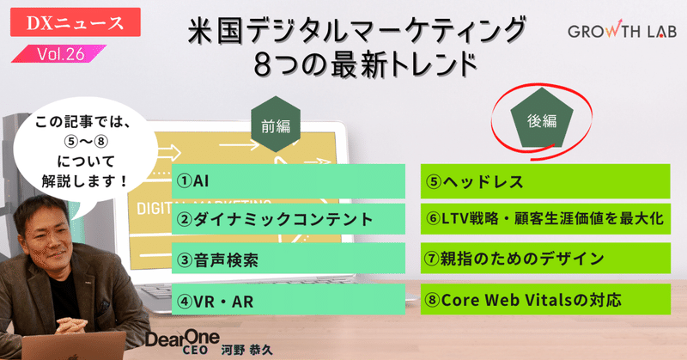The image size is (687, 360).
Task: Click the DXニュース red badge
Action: click(76, 22)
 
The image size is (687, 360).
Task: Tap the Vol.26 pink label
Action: click(59, 54)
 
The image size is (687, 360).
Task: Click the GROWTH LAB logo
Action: click(622, 30)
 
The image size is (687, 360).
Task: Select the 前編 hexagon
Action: click(276, 125)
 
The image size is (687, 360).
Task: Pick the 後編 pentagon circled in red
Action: click(542, 119)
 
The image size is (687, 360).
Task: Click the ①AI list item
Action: click(289, 181)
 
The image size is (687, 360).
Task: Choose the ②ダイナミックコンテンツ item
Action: click(289, 219)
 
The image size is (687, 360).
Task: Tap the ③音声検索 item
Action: click(289, 259)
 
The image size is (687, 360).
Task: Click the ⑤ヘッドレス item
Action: click(545, 181)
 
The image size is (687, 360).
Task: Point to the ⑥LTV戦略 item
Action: click(545, 218)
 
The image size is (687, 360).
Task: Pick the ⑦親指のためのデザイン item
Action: click(545, 259)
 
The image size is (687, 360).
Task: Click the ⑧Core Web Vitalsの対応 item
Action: click(545, 299)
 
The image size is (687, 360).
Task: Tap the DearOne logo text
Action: click(182, 338)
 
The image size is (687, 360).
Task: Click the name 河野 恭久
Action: click(246, 351)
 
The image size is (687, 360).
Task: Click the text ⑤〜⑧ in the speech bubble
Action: click(86, 142)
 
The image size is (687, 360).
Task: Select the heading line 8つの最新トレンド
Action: click(366, 64)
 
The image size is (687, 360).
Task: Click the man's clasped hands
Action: click(71, 326)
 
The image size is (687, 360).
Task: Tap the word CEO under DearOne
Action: click(195, 351)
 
